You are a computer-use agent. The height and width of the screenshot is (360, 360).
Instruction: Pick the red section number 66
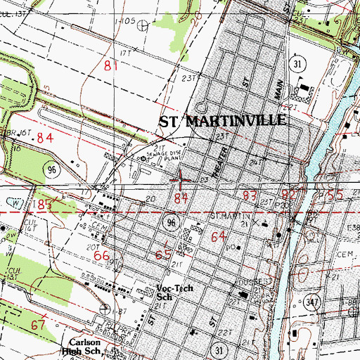point(102,257)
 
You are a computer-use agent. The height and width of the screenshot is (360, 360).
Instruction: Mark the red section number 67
point(39,324)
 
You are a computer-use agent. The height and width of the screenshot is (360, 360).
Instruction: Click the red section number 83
point(249,194)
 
